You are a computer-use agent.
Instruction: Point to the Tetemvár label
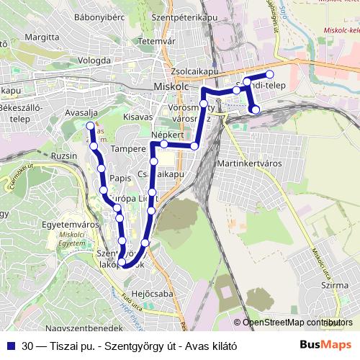tap(158, 41)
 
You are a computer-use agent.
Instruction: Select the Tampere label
tap(129, 149)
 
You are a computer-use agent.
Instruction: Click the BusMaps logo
tap(326, 344)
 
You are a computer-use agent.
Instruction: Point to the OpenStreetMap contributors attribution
tap(298, 323)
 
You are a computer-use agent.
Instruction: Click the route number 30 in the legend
tap(27, 345)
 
